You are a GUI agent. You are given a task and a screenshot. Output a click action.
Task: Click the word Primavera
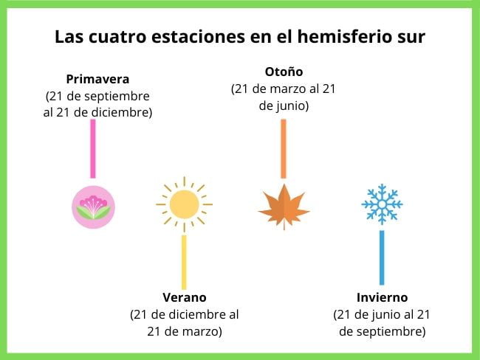(x=97, y=79)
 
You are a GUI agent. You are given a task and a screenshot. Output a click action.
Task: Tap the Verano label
(x=184, y=297)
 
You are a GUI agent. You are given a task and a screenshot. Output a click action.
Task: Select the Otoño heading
(x=284, y=72)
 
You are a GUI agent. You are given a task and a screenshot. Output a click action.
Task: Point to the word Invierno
(x=382, y=297)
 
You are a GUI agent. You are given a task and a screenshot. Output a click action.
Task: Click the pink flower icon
(x=93, y=207)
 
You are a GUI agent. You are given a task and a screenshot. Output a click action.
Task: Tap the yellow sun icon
(x=184, y=204)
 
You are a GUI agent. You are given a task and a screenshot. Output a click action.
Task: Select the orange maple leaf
(x=284, y=207)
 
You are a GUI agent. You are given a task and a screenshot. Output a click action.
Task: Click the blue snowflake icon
(x=382, y=204)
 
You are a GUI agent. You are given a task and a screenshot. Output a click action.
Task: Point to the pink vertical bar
(x=93, y=148)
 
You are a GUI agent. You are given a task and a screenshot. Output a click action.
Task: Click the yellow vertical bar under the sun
(x=184, y=262)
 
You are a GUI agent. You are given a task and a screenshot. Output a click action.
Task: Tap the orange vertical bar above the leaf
(x=284, y=148)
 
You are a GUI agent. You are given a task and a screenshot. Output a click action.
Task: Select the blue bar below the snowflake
(x=382, y=257)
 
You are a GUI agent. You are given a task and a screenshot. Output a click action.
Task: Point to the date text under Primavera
(x=97, y=104)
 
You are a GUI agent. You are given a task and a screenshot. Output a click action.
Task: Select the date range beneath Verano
(x=184, y=322)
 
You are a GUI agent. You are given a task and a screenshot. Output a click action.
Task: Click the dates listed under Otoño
(x=284, y=97)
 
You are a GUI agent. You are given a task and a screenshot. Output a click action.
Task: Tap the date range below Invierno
(x=382, y=322)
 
